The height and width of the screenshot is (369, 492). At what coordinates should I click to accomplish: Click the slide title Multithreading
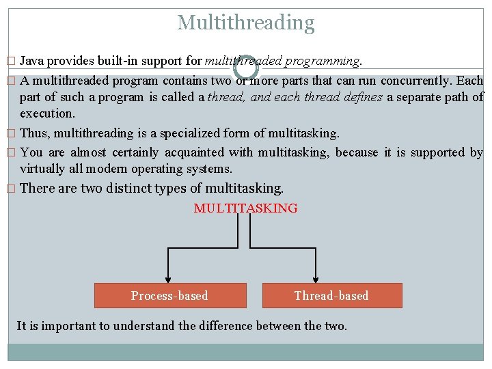[x=246, y=23]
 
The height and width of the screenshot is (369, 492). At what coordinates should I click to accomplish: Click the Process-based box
[x=169, y=296]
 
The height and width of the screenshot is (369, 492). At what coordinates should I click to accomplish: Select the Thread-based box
[x=331, y=296]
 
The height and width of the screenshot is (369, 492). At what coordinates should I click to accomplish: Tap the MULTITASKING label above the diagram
[x=246, y=208]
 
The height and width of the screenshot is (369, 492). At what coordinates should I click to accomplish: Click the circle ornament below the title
[x=246, y=67]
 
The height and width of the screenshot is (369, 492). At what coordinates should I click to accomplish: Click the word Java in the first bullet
[x=32, y=61]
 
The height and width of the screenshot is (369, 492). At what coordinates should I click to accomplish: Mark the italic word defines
[x=363, y=97]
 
